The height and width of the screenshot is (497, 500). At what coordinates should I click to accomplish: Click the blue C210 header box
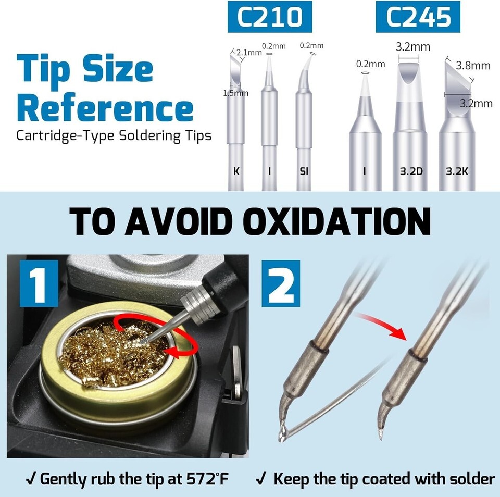point(270,17)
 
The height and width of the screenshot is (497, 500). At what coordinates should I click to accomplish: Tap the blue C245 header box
point(418,17)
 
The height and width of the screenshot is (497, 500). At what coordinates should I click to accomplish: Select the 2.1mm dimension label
point(249,52)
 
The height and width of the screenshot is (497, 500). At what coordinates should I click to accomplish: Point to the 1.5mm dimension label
point(235,93)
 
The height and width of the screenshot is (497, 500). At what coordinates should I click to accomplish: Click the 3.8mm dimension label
point(473,66)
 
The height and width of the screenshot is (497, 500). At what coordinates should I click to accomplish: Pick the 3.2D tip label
point(411,171)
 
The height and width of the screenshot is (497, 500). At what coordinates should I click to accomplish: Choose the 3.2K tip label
point(457,171)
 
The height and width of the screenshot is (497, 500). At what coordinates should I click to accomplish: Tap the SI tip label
point(304,171)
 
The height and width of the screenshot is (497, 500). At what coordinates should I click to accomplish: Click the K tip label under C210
point(236,171)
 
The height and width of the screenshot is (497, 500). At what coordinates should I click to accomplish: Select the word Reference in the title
point(105,107)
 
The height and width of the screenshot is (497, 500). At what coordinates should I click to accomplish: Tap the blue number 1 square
point(39,283)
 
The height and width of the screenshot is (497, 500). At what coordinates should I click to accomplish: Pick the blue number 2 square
point(281,283)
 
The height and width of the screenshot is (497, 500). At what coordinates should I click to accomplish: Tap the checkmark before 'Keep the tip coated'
point(261,479)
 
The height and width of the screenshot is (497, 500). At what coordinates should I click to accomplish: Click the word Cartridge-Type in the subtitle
point(65,136)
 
